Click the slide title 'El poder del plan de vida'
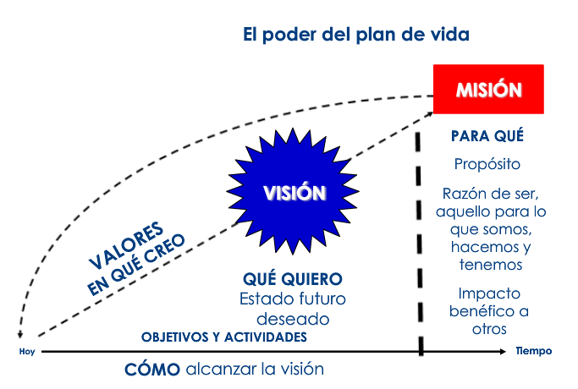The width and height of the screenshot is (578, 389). pyautogui.click(x=355, y=35)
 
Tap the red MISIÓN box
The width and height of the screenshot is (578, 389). pyautogui.click(x=488, y=89)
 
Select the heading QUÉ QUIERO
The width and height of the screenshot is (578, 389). pyautogui.click(x=292, y=279)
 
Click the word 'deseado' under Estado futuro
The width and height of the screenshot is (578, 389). pyautogui.click(x=292, y=319)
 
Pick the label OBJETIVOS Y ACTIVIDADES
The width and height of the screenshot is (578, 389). pyautogui.click(x=223, y=337)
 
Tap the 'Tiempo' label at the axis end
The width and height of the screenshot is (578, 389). pyautogui.click(x=534, y=350)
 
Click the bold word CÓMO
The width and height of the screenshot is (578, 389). pyautogui.click(x=152, y=370)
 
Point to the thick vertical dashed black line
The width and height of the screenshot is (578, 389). pyautogui.click(x=421, y=245)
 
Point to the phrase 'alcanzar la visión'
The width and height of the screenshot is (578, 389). pyautogui.click(x=255, y=370)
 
